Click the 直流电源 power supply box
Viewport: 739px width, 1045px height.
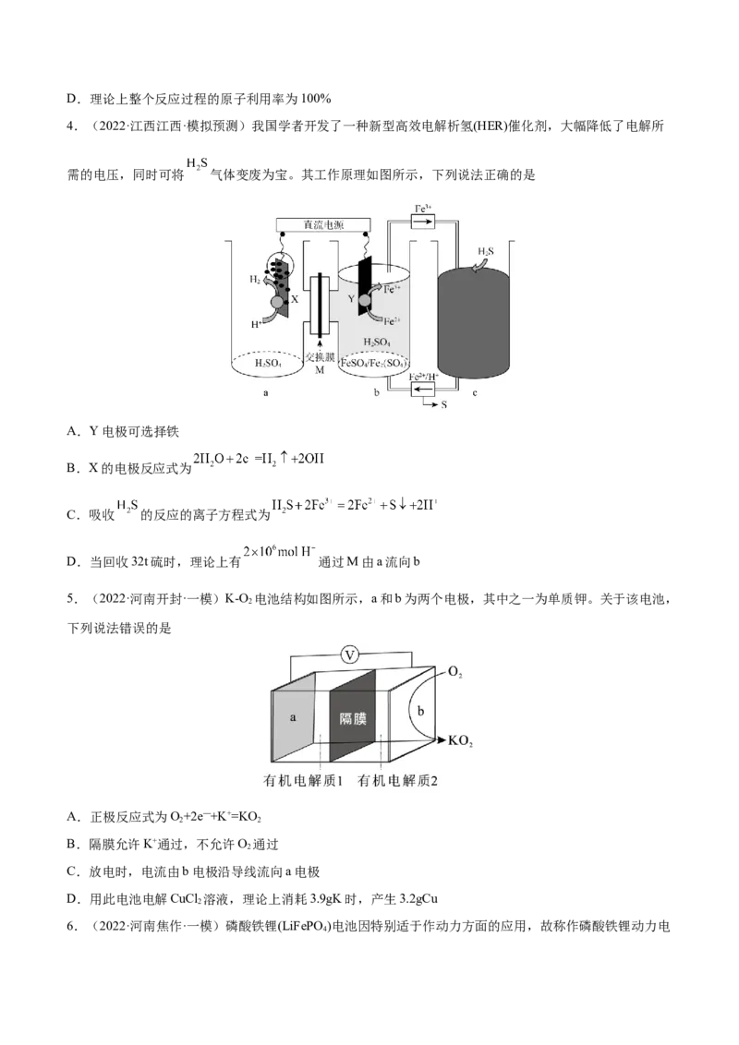pos(323,225)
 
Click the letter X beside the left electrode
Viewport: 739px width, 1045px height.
pos(295,300)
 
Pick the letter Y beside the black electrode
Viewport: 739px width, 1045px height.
pos(351,298)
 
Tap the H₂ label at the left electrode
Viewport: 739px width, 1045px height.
pos(255,278)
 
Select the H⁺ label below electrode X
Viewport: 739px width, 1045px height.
pos(256,323)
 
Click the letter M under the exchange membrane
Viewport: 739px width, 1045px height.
pos(320,370)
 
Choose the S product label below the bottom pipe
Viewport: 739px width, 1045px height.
pos(443,404)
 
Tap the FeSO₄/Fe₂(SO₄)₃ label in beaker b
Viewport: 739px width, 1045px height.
pos(374,364)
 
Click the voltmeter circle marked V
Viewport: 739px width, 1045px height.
pos(349,655)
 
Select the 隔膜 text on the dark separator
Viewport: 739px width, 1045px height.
pos(352,718)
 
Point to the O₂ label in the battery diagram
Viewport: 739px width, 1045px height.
pos(455,673)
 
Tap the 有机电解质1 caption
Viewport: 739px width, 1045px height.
pos(304,781)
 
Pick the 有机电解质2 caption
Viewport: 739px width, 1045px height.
pos(398,781)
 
